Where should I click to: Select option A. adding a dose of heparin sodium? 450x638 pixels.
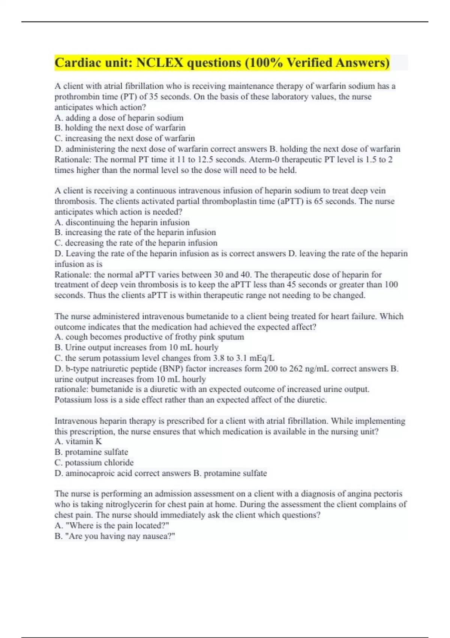(119, 118)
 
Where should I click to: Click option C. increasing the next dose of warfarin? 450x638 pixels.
(124, 138)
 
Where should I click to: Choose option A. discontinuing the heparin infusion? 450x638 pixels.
(122, 222)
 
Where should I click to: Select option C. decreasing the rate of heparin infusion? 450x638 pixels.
(136, 243)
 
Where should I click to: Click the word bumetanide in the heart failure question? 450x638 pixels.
(205, 316)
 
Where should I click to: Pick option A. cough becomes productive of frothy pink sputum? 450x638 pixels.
(149, 337)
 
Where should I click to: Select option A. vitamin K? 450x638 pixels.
(78, 442)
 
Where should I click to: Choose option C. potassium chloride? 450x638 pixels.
(94, 463)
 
